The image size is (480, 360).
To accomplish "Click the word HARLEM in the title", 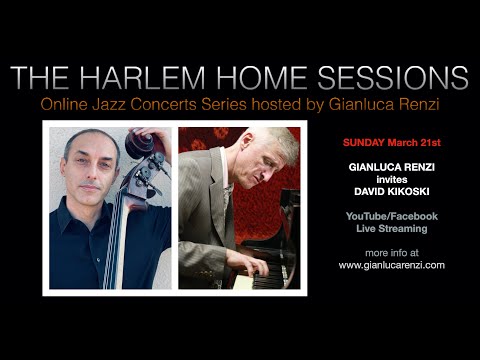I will tap(152, 78).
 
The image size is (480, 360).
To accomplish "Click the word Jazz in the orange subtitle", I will tap(178, 104).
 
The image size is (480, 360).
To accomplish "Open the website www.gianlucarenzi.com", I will tap(391, 265).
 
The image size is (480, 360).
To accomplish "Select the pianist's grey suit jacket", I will tap(200, 220).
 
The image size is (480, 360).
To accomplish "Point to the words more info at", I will tap(391, 252).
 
